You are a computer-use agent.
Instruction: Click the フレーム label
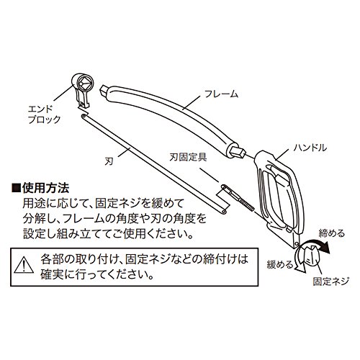coord(221,94)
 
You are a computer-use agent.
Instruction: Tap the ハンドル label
coord(310,148)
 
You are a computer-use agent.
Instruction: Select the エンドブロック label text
coord(44,114)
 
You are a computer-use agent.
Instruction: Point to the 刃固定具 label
coord(188,157)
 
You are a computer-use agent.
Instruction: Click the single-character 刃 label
coord(109,161)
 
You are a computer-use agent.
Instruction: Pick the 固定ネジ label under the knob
coord(330,281)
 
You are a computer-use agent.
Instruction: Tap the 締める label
coord(331,233)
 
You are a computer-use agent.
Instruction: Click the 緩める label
coord(280,265)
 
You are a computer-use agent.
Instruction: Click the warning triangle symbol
coord(24,265)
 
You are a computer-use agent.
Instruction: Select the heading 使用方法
coord(45,188)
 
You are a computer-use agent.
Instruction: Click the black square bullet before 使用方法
coord(16,188)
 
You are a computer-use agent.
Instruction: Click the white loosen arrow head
coord(300,269)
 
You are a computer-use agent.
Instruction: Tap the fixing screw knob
coord(310,256)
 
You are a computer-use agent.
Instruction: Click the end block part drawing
coord(81,89)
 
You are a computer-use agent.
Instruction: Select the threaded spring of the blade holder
coord(246,204)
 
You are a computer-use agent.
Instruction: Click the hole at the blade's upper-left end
coord(84,117)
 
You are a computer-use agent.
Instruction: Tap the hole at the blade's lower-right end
coord(224,212)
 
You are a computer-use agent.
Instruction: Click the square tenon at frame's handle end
coord(239,151)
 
